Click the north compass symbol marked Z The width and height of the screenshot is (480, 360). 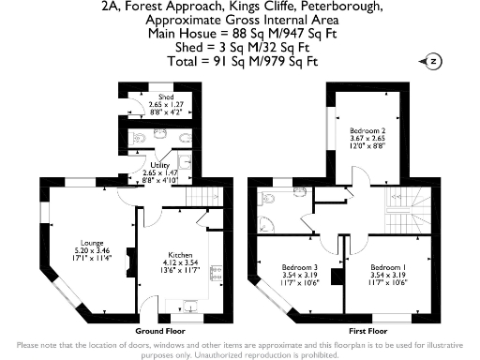coord(433,62)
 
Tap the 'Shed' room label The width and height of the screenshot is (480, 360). coord(166,96)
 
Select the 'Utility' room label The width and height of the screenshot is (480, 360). coord(160,165)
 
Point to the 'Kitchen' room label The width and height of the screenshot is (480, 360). coord(180,255)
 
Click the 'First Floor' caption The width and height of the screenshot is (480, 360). coord(366,331)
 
